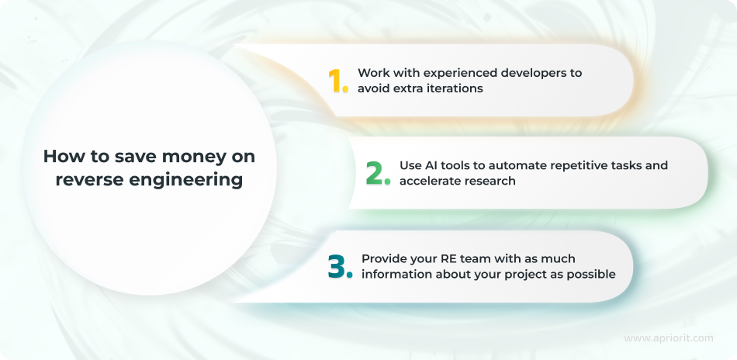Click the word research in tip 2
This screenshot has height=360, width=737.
[x=493, y=181]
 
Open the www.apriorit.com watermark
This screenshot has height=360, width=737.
[x=669, y=338]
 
